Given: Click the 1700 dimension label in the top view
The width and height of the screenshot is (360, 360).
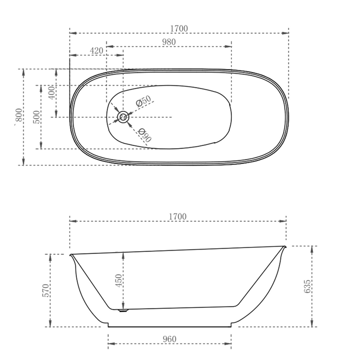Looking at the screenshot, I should coord(179,29).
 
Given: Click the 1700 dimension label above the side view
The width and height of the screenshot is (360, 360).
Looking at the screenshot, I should coord(177,217).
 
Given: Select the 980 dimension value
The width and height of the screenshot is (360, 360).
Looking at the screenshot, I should coord(169,42).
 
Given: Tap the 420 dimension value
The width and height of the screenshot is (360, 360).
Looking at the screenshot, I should coord(96,51).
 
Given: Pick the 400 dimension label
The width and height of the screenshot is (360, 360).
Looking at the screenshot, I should coord(52,93).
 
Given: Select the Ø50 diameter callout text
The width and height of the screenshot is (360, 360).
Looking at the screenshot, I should coord(144,101).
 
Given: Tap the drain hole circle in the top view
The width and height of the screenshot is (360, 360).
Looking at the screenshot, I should coord(123,117).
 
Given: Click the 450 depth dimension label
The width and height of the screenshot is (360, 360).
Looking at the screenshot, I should coord(119,281).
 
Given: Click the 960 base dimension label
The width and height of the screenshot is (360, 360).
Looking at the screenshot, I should coord(169,339).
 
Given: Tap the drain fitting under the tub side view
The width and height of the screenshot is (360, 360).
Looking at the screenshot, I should coord(123,311).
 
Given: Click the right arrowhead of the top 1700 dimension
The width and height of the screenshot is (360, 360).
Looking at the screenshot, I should coord(285,33).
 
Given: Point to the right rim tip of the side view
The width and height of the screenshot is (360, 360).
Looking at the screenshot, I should coord(285,247).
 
